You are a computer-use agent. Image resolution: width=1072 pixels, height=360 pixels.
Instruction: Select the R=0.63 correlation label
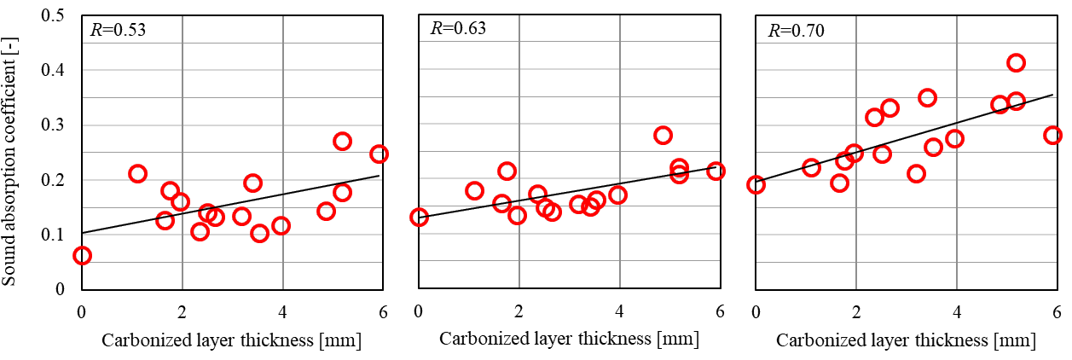(x=458, y=28)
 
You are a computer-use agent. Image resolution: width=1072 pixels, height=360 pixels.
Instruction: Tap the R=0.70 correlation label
(x=797, y=32)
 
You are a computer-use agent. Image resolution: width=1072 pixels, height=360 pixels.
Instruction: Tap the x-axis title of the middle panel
(x=570, y=339)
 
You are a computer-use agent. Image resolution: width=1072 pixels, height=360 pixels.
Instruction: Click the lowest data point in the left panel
(x=82, y=255)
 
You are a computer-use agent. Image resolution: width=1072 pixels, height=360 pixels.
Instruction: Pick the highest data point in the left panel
(x=342, y=142)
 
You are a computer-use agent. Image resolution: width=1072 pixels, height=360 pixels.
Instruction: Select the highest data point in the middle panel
(x=663, y=135)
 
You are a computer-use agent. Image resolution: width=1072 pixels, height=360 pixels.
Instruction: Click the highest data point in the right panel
(x=1016, y=62)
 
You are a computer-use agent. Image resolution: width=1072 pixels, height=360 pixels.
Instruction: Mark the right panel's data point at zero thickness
(x=756, y=184)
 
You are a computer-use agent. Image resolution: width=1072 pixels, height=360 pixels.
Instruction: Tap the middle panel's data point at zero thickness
(x=419, y=217)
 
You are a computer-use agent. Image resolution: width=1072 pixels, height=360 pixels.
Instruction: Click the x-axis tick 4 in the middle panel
(x=620, y=310)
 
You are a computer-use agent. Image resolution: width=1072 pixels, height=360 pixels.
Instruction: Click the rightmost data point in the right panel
(x=1053, y=135)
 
